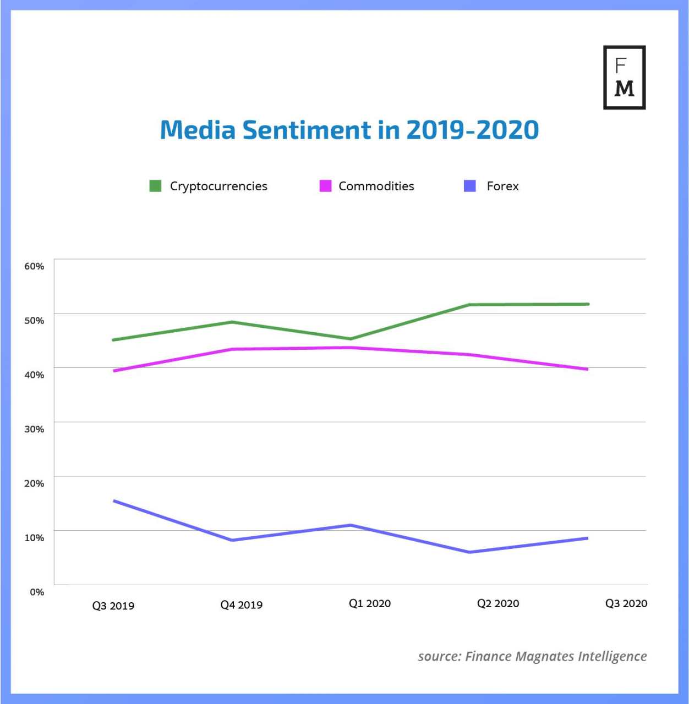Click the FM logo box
[624, 78]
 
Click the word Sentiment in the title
[307, 130]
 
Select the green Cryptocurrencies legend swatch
[155, 186]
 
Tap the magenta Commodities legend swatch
[325, 186]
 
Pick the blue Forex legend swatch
[470, 186]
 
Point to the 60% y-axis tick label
[34, 266]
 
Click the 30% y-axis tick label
[34, 429]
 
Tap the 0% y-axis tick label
[37, 592]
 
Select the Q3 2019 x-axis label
[113, 606]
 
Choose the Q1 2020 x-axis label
[370, 604]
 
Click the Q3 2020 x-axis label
[626, 604]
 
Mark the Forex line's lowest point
[469, 552]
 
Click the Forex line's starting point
[114, 501]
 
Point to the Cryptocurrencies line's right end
[588, 304]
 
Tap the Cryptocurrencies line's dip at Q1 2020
[351, 339]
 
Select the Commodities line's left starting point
[114, 371]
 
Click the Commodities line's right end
[587, 369]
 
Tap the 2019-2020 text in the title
[472, 130]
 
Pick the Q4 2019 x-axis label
[241, 605]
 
